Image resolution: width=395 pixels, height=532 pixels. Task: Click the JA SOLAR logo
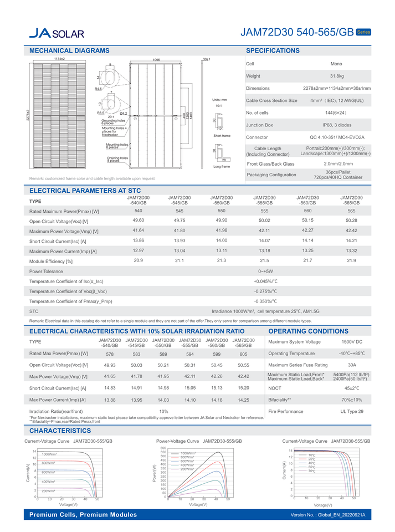(x=57, y=33)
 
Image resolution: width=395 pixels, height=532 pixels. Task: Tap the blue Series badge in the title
(x=363, y=32)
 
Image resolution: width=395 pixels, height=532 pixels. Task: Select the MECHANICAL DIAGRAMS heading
(x=69, y=51)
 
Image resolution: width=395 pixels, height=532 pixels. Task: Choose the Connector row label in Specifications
(x=257, y=137)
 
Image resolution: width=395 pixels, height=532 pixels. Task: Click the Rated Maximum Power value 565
(x=351, y=211)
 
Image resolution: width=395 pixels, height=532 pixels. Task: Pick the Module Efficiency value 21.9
(x=351, y=260)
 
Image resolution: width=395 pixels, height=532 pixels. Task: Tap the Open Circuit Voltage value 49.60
(x=138, y=221)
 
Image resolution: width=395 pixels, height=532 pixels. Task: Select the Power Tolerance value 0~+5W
(x=265, y=272)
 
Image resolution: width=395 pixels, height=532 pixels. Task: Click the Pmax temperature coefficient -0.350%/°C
(x=265, y=301)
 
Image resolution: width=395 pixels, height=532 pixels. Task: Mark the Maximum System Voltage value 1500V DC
(x=352, y=342)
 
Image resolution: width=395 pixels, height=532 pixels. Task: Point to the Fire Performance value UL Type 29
(x=352, y=411)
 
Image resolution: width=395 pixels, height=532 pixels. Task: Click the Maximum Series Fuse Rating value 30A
(x=352, y=365)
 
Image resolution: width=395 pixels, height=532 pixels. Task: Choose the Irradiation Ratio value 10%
(x=163, y=411)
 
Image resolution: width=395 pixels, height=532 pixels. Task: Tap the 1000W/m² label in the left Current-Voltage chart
(x=49, y=454)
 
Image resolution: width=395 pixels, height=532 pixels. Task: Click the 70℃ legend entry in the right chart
(x=312, y=471)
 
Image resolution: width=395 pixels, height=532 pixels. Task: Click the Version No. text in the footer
(x=328, y=515)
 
